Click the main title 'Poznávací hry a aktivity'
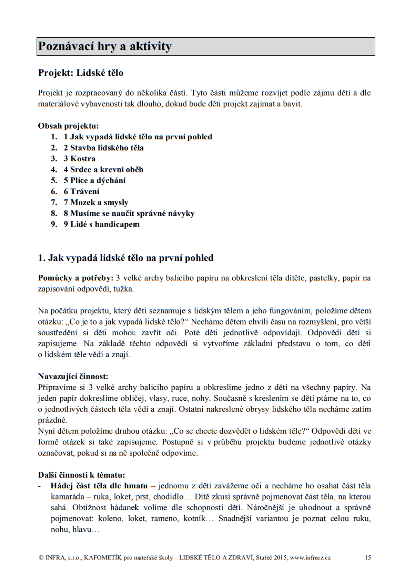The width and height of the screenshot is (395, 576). [105, 46]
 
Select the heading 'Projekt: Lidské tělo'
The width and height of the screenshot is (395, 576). [81, 73]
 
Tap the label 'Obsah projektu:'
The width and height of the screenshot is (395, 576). [68, 126]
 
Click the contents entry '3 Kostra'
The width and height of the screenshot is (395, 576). [79, 159]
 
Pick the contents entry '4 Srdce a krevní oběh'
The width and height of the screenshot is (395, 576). [103, 170]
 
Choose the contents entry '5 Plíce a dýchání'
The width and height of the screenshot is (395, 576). [95, 181]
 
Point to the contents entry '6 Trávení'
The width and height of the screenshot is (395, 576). [81, 191]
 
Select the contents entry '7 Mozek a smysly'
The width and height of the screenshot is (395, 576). [96, 203]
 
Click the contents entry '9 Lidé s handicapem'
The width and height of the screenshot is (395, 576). [102, 225]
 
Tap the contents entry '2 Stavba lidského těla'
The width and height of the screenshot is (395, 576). [104, 148]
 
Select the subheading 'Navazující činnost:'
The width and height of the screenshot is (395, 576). [73, 376]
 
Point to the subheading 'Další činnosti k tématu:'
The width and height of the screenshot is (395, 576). [81, 475]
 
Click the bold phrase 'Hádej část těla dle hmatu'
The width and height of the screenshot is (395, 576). [99, 486]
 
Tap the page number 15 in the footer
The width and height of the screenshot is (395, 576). [368, 557]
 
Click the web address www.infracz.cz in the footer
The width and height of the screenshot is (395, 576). [310, 557]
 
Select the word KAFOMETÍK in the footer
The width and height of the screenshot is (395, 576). [103, 557]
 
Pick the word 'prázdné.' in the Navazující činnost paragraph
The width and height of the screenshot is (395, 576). [52, 420]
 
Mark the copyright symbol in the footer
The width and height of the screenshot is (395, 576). [41, 557]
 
